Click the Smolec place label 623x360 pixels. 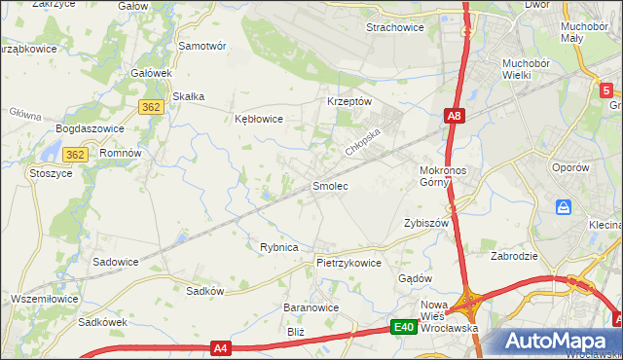pyautogui.click(x=329, y=185)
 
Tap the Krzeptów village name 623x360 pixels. pyautogui.click(x=349, y=101)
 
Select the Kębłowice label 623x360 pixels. pyautogui.click(x=259, y=119)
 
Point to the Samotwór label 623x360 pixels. pyautogui.click(x=202, y=46)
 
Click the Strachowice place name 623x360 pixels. pyautogui.click(x=394, y=27)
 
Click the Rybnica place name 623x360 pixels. pyautogui.click(x=278, y=247)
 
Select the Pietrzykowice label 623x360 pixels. pyautogui.click(x=348, y=263)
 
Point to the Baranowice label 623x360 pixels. pyautogui.click(x=310, y=307)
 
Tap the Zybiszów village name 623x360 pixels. pyautogui.click(x=424, y=223)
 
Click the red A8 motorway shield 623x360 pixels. pyautogui.click(x=454, y=117)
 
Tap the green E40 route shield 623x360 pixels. pyautogui.click(x=405, y=328)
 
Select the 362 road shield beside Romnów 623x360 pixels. pyautogui.click(x=76, y=155)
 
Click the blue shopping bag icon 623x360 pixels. pyautogui.click(x=564, y=207)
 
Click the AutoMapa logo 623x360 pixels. pyautogui.click(x=558, y=341)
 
